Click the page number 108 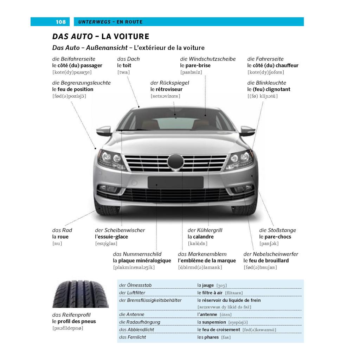pos(60,22)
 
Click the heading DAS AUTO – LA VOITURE pos(101,36)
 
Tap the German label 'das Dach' pos(128,59)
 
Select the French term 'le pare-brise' pos(195,65)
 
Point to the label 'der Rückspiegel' pos(170,83)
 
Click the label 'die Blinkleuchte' pos(266,83)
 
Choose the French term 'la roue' pos(60,237)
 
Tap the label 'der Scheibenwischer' pos(120,230)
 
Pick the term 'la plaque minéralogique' pos(142,261)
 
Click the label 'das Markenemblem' pos(202,254)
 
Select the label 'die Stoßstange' pos(278,230)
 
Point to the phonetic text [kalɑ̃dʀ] pos(198,243)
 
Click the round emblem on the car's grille pos(176,162)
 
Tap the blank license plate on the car pos(176,182)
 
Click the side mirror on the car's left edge pos(104,131)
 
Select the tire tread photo pos(81,294)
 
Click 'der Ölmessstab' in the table pos(135,285)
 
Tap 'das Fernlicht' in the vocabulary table pos(133,337)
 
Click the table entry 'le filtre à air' pos(210,293)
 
